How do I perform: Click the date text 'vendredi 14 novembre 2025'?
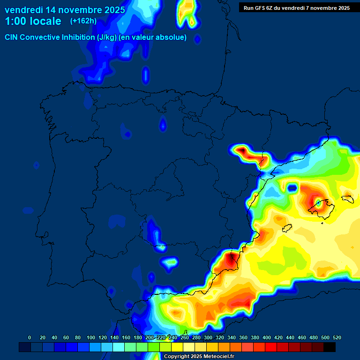pyautogui.click(x=65, y=10)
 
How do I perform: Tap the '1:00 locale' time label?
pyautogui.click(x=33, y=21)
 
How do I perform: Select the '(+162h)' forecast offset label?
pyautogui.click(x=84, y=21)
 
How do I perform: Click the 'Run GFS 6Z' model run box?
pyautogui.click(x=297, y=7)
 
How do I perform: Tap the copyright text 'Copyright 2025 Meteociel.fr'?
pyautogui.click(x=199, y=356)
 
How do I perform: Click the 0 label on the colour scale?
pyautogui.click(x=30, y=337)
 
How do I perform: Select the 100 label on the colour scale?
pyautogui.click(x=91, y=337)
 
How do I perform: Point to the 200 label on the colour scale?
pyautogui.click(x=150, y=337)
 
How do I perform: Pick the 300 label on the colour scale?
pyautogui.click(x=208, y=337)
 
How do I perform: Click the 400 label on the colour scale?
pyautogui.click(x=267, y=337)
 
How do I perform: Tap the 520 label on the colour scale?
pyautogui.click(x=337, y=337)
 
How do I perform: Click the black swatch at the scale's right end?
pyautogui.click(x=330, y=347)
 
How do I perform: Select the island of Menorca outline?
pyautogui.click(x=347, y=199)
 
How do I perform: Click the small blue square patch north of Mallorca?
pyautogui.click(x=292, y=188)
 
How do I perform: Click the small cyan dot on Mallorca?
pyautogui.click(x=318, y=203)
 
